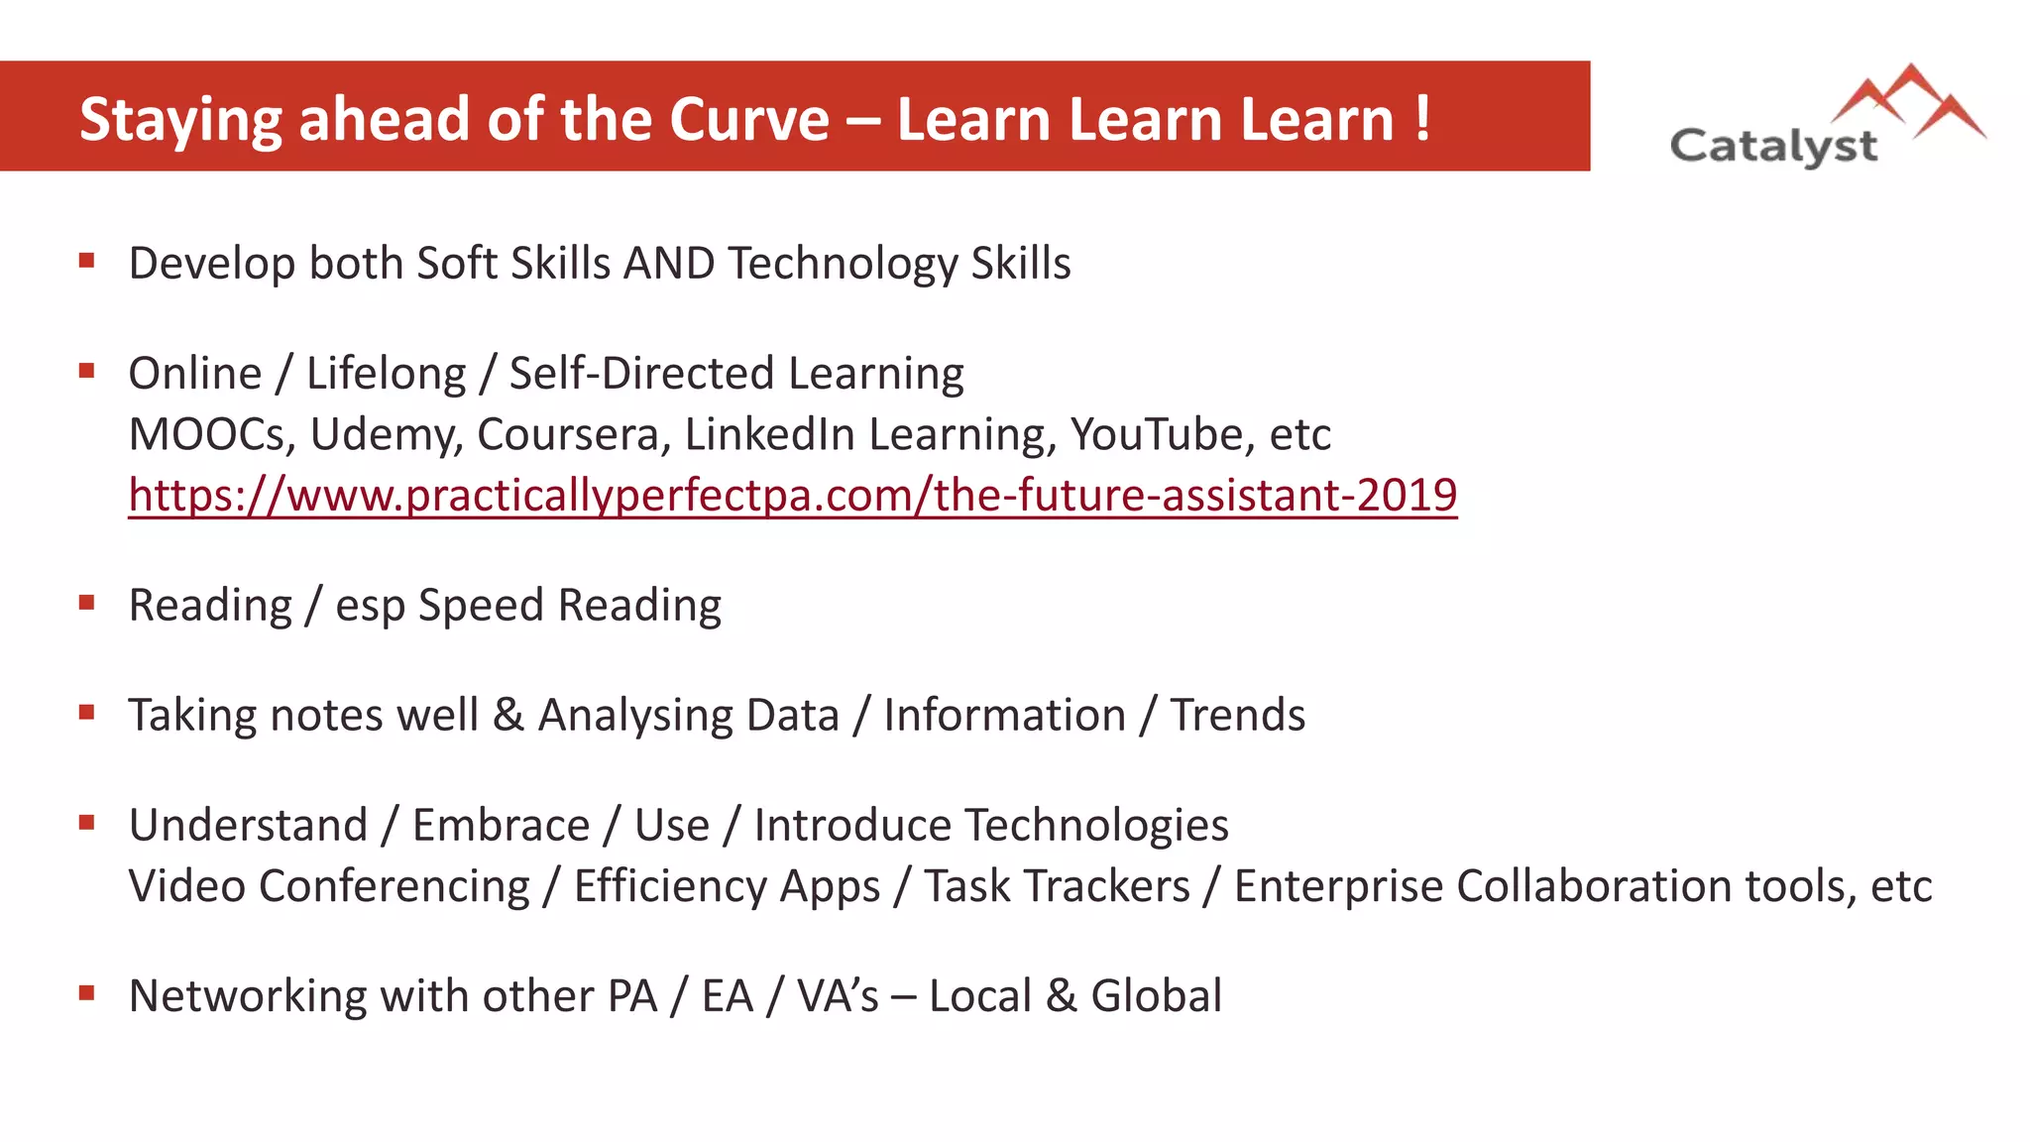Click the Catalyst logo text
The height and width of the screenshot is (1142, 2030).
[1773, 147]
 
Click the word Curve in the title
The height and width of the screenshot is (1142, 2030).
[748, 120]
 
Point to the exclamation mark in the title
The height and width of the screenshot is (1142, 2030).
[1422, 120]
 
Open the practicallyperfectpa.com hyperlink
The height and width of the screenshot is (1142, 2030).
[792, 495]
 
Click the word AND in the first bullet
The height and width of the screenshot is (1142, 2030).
[669, 264]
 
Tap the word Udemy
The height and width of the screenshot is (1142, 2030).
[387, 435]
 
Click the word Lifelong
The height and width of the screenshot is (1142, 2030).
[386, 375]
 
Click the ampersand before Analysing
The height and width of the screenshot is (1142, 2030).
[507, 715]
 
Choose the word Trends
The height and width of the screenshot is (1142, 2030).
[1237, 715]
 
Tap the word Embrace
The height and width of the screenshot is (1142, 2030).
[501, 826]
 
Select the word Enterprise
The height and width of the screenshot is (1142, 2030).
[1338, 886]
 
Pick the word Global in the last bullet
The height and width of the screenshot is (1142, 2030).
[1156, 996]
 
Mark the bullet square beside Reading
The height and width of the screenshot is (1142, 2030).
[87, 602]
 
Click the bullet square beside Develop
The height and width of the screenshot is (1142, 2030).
[87, 261]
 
